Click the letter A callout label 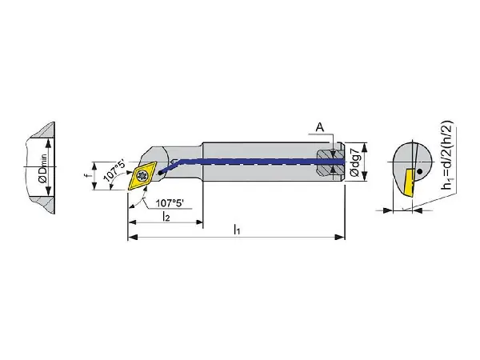coord(320,127)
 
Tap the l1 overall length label coord(237,229)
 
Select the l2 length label coord(166,216)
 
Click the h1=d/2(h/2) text coord(447,155)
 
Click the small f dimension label coord(86,176)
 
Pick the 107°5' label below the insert coord(170,203)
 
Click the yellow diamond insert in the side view coord(142,175)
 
